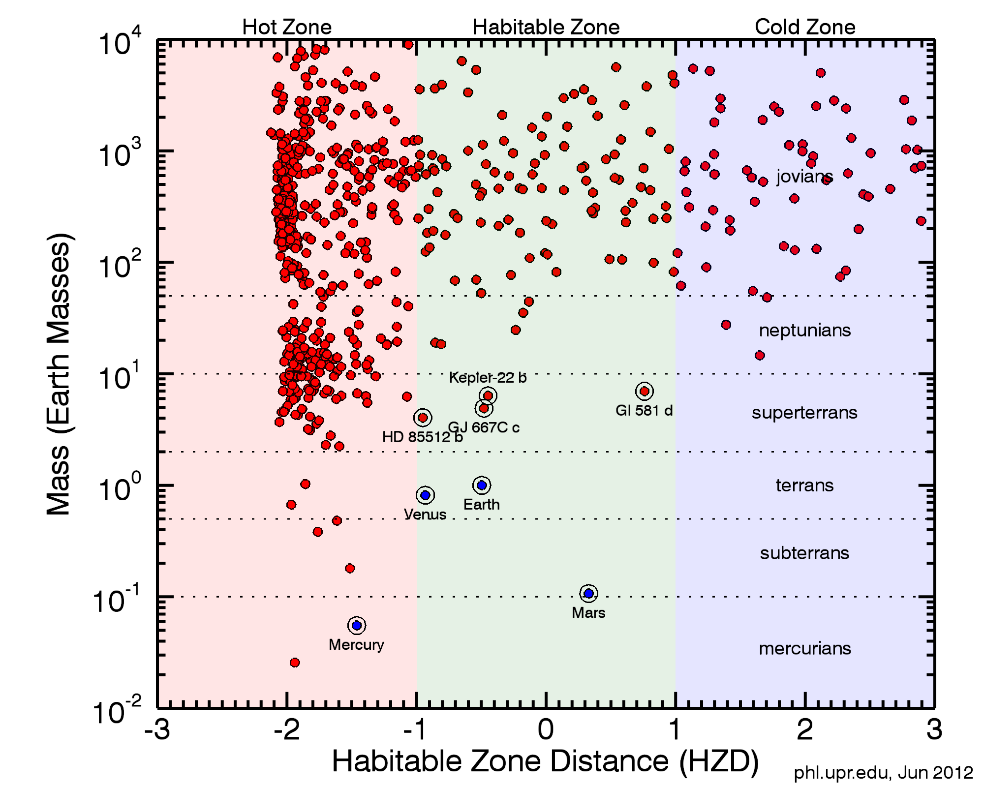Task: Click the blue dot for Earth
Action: click(x=482, y=485)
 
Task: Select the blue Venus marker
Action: click(x=426, y=495)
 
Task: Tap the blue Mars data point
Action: click(x=588, y=593)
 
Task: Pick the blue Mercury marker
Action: click(x=357, y=625)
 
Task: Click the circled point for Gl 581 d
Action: click(x=644, y=391)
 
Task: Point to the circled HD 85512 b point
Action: click(x=423, y=418)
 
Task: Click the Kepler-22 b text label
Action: click(x=488, y=377)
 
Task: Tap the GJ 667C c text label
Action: click(x=484, y=427)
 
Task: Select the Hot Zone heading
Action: click(x=287, y=27)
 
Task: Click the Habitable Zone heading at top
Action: click(x=546, y=27)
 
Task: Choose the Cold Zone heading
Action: click(x=805, y=27)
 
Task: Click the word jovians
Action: click(x=804, y=176)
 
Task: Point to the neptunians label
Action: click(x=804, y=330)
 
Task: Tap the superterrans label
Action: click(x=804, y=412)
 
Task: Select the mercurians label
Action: click(x=804, y=648)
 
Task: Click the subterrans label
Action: click(x=804, y=553)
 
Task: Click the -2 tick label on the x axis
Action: click(x=287, y=729)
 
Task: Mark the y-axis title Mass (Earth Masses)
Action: click(x=60, y=374)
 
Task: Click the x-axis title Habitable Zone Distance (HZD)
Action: click(x=545, y=761)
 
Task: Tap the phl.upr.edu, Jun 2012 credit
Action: click(x=883, y=773)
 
